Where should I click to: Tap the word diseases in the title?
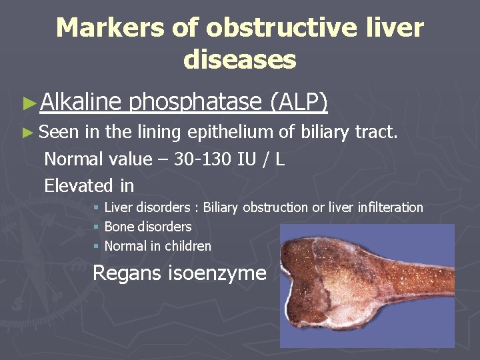click(239, 59)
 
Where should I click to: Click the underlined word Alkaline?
click(81, 101)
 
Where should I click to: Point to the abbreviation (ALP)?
click(298, 101)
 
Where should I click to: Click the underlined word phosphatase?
click(195, 101)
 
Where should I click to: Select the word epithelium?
click(232, 133)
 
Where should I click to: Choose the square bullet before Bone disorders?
click(97, 227)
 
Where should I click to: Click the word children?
click(189, 246)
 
